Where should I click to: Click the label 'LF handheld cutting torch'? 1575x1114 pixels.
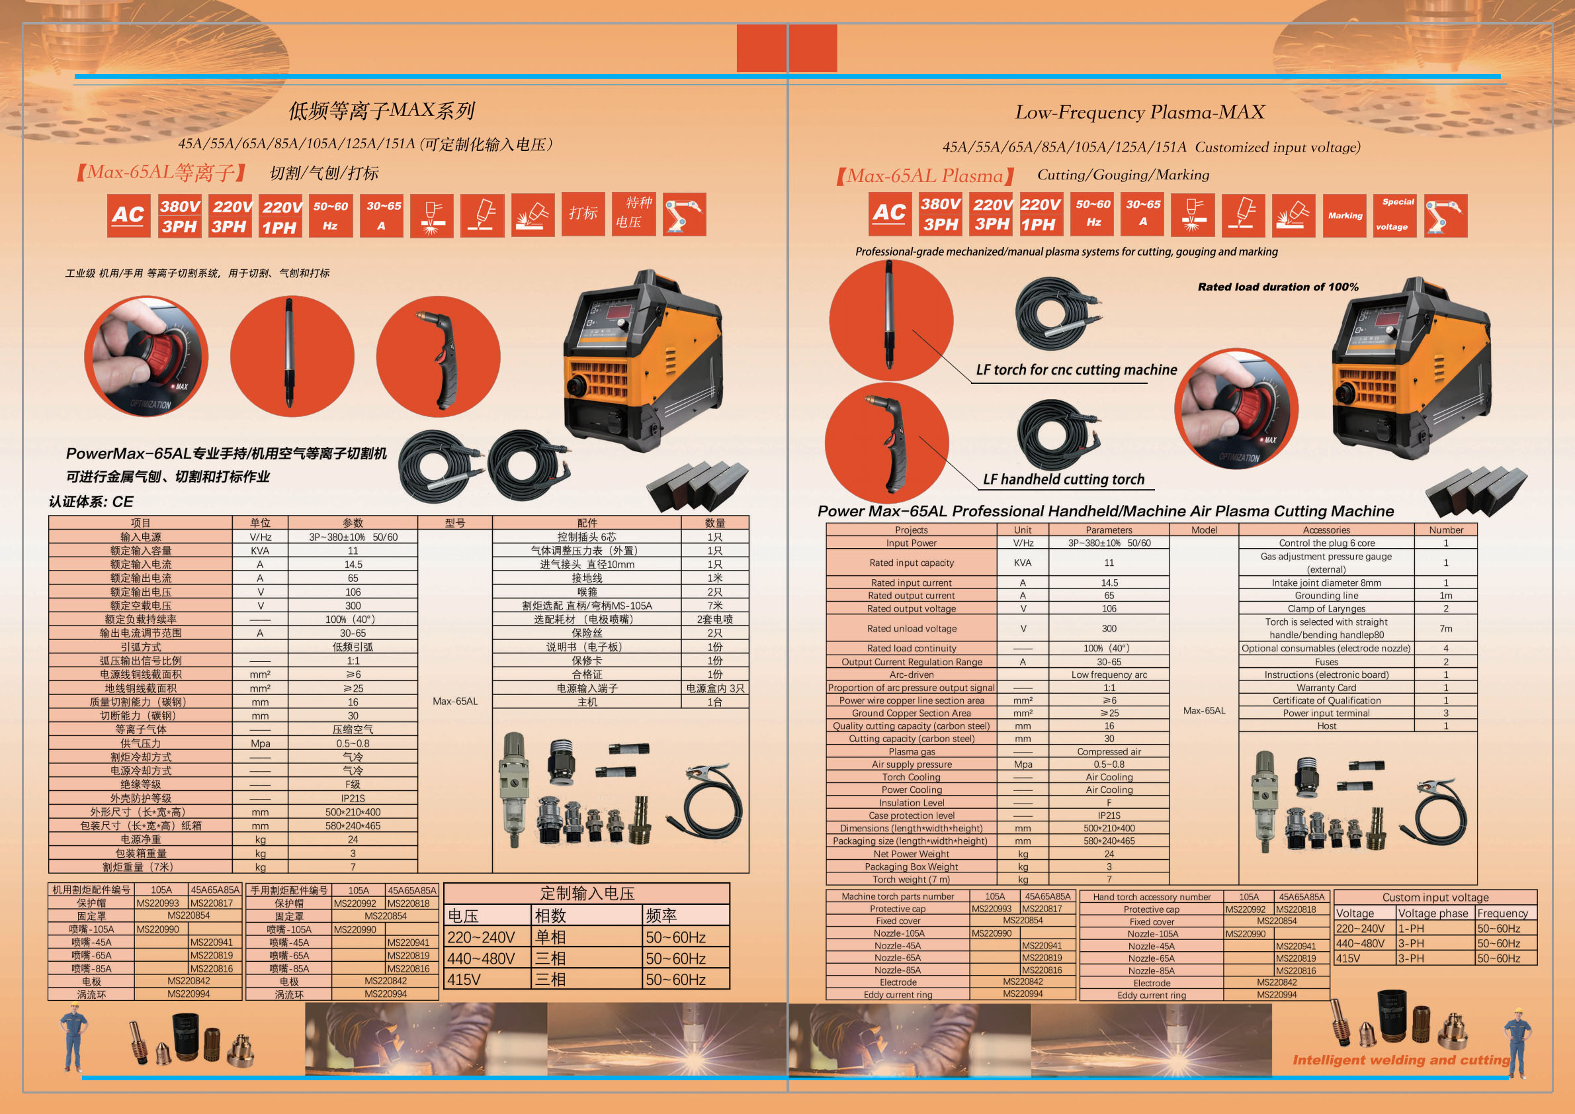pos(1063,479)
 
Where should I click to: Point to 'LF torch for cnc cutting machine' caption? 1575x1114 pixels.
pos(1076,369)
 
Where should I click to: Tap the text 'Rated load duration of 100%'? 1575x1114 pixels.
pos(1277,287)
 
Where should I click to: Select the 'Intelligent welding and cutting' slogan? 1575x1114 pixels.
pos(1401,1060)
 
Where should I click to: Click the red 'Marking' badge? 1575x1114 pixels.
pos(1345,216)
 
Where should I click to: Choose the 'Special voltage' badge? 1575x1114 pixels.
pos(1394,215)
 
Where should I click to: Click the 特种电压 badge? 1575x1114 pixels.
pos(633,213)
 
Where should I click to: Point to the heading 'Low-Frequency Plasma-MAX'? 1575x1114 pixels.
pos(1139,112)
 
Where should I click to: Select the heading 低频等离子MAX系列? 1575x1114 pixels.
pos(382,111)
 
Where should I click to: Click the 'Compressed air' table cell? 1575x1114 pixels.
pos(1109,751)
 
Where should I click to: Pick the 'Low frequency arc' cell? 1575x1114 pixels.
pos(1109,674)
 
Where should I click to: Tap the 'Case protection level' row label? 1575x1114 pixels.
pos(911,815)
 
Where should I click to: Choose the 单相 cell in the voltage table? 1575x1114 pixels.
pos(551,937)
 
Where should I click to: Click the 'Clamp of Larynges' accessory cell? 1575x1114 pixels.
pos(1326,609)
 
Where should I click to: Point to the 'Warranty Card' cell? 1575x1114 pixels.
pos(1326,688)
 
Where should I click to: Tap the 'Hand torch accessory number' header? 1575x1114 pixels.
pos(1151,897)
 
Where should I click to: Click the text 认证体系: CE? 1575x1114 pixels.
pos(91,502)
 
